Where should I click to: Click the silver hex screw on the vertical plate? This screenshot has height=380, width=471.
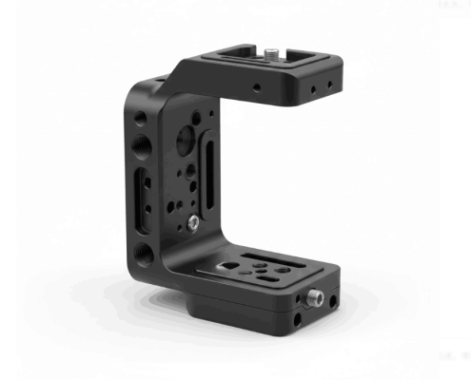coord(193,222)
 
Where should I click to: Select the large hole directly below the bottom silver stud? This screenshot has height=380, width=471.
coord(298,320)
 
